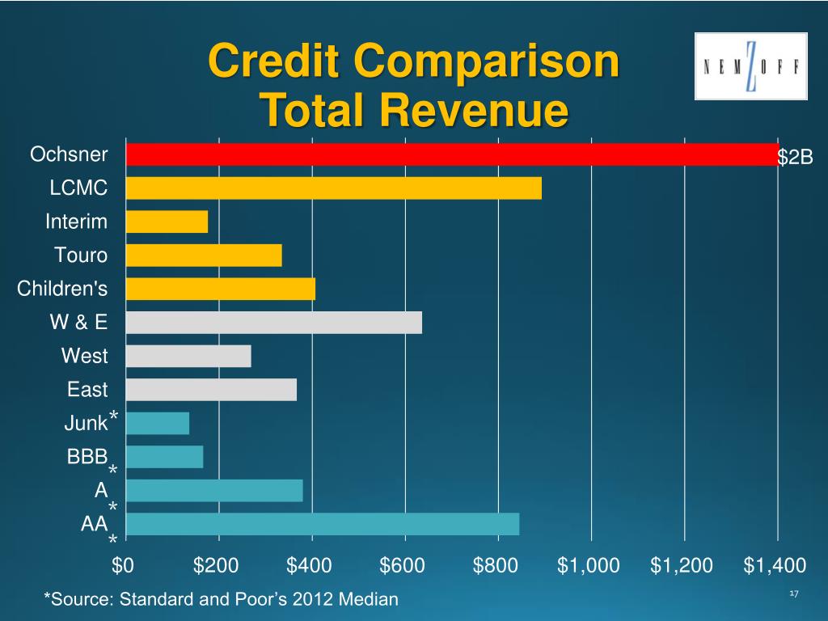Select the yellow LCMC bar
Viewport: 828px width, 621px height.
click(x=333, y=188)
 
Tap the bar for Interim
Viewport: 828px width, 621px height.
click(x=167, y=222)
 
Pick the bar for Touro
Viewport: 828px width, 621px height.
click(x=204, y=256)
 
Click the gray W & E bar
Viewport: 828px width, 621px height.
click(x=273, y=323)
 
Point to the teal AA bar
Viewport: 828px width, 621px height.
click(x=322, y=524)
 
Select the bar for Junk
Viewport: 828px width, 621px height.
click(x=158, y=423)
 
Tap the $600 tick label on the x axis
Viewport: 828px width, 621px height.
click(x=403, y=565)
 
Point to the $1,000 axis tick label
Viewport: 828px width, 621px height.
click(x=589, y=565)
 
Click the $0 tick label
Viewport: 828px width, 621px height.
click(x=123, y=565)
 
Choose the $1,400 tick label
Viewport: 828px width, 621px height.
click(x=775, y=565)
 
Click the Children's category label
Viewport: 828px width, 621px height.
click(x=62, y=289)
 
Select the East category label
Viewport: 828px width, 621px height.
click(x=87, y=390)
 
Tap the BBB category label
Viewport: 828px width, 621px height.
click(x=87, y=457)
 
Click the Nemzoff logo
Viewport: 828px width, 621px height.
click(x=751, y=66)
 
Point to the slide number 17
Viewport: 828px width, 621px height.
click(x=792, y=595)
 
